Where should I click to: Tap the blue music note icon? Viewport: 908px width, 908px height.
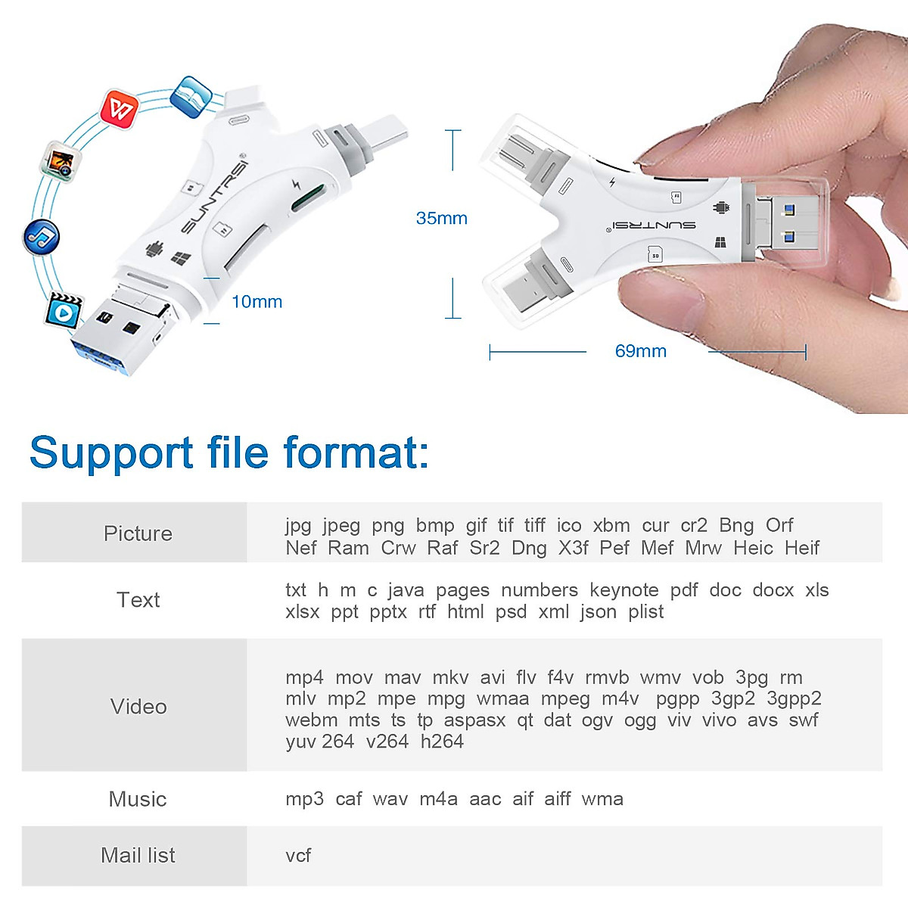41,237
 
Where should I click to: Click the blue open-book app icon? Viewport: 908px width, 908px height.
191,96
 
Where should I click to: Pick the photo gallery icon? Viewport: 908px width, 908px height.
61,160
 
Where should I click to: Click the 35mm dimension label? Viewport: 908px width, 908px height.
441,219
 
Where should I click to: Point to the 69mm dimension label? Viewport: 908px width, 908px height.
640,351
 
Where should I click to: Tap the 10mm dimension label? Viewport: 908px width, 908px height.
257,302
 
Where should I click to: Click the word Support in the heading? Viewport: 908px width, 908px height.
110,453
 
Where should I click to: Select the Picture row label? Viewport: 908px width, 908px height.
138,533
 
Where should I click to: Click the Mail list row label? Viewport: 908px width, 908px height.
138,856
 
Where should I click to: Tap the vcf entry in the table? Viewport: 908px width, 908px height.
298,856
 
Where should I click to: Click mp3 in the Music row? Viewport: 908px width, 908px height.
304,799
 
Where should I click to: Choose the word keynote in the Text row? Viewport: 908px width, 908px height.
623,590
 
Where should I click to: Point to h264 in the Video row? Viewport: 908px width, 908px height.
442,742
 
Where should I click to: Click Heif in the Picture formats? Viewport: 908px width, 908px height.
802,548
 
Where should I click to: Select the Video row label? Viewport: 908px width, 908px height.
138,707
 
